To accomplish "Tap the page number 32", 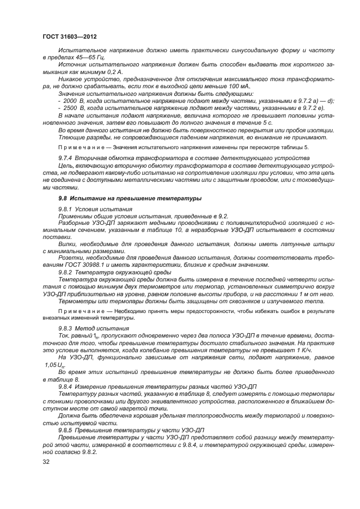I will click(x=46, y=462).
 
